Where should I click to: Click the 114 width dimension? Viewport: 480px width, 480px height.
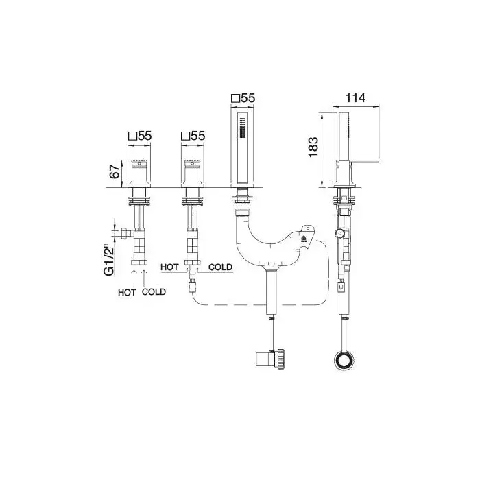pyautogui.click(x=355, y=98)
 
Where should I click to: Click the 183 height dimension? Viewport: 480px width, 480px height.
pyautogui.click(x=313, y=147)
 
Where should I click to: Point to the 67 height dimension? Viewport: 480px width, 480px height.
pyautogui.click(x=115, y=171)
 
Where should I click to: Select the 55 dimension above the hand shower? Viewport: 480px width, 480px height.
pyautogui.click(x=248, y=98)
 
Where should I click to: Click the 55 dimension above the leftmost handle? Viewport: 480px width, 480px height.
pyautogui.click(x=145, y=136)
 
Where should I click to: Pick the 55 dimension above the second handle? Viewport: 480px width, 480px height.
pyautogui.click(x=197, y=136)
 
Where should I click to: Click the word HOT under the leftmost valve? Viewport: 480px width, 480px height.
pyautogui.click(x=127, y=292)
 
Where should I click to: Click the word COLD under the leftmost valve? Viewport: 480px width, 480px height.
pyautogui.click(x=154, y=291)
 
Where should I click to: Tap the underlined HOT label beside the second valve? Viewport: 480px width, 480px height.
pyautogui.click(x=169, y=267)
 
